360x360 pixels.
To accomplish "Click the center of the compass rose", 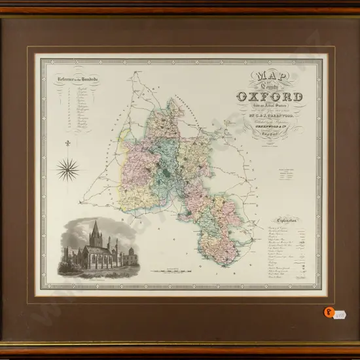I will pyautogui.click(x=67, y=170).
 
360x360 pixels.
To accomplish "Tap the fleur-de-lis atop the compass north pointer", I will pyautogui.click(x=67, y=143).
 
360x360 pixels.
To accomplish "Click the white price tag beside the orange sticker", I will pyautogui.click(x=340, y=314).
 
